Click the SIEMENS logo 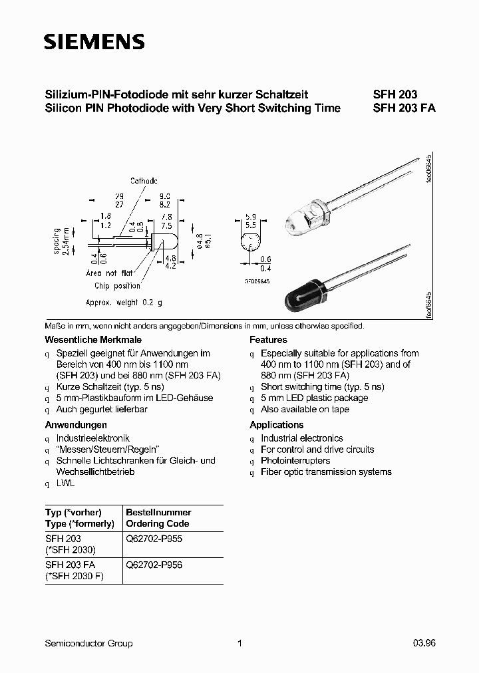tap(94, 42)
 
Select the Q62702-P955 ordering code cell tap(154, 539)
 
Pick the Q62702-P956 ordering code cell tap(154, 565)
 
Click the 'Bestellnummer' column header tap(158, 512)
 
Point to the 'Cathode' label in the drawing tap(144, 180)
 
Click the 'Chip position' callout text tap(117, 286)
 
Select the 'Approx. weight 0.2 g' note tap(124, 302)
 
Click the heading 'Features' tap(268, 340)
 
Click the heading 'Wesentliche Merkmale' tap(81, 340)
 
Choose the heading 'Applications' tap(276, 425)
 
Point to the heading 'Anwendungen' tap(76, 425)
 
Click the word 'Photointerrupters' tap(295, 460)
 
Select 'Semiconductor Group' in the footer tap(88, 643)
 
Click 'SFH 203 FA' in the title tap(404, 108)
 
